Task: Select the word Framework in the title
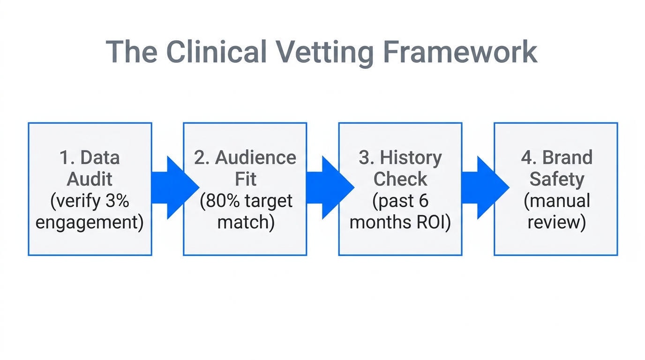point(460,52)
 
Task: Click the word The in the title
point(131,52)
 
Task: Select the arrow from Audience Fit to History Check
point(328,188)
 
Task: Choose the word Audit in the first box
point(90,179)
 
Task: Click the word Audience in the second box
point(255,158)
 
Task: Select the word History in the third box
point(411,158)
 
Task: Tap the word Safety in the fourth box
point(556,179)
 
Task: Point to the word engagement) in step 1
point(90,222)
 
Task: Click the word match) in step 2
point(246,222)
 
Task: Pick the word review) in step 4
point(556,222)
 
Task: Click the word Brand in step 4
point(567,158)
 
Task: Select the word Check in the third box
point(400,179)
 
